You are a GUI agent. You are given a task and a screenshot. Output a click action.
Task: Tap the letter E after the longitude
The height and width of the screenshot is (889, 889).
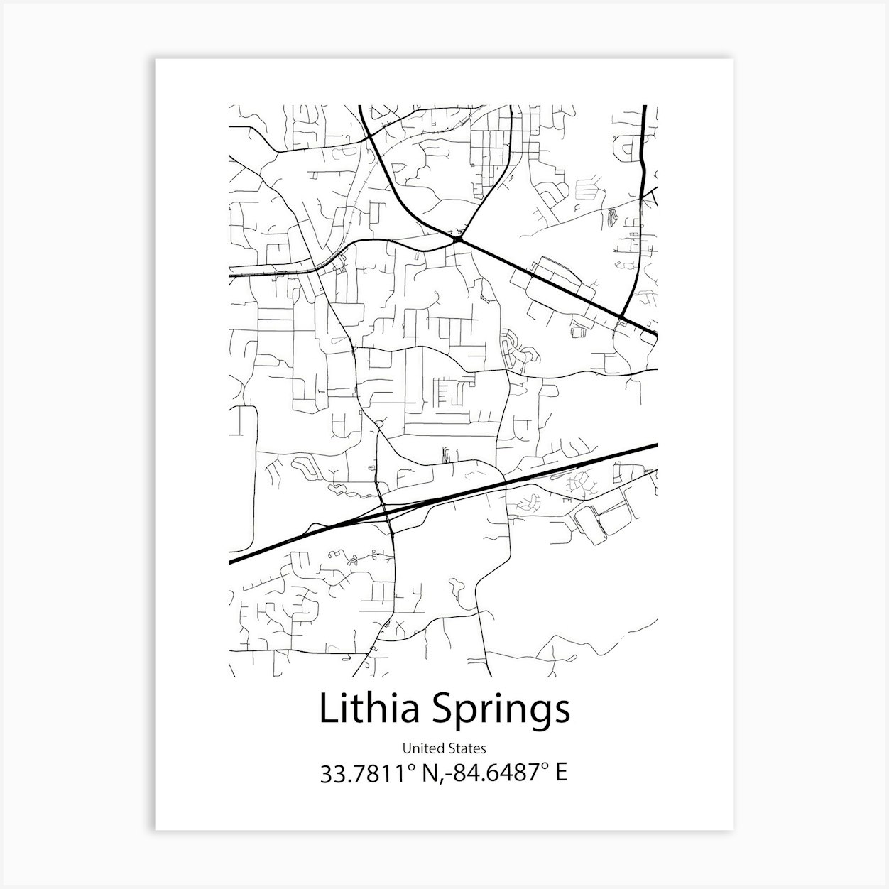[x=561, y=773]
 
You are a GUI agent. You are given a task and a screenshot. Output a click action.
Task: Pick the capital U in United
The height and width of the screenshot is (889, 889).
[x=407, y=748]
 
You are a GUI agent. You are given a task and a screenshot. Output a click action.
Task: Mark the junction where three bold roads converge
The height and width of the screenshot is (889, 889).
[x=459, y=240]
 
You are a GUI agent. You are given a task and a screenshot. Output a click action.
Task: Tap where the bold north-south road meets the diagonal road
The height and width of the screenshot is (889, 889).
[x=621, y=317]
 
